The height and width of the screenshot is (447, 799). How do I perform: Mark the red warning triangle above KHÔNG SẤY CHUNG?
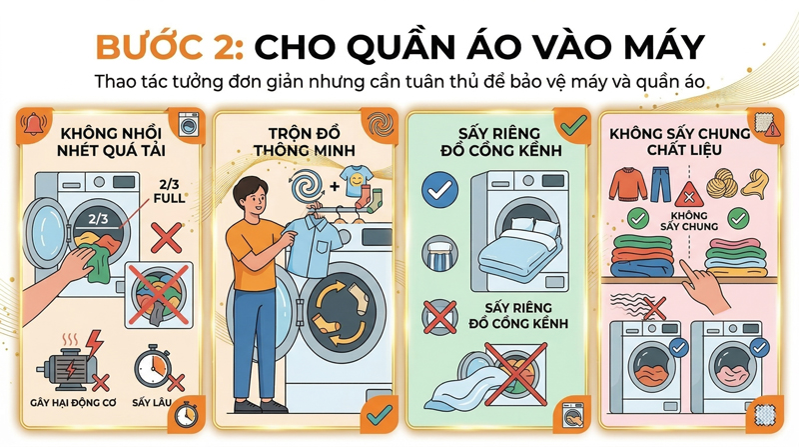[x=686, y=194]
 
